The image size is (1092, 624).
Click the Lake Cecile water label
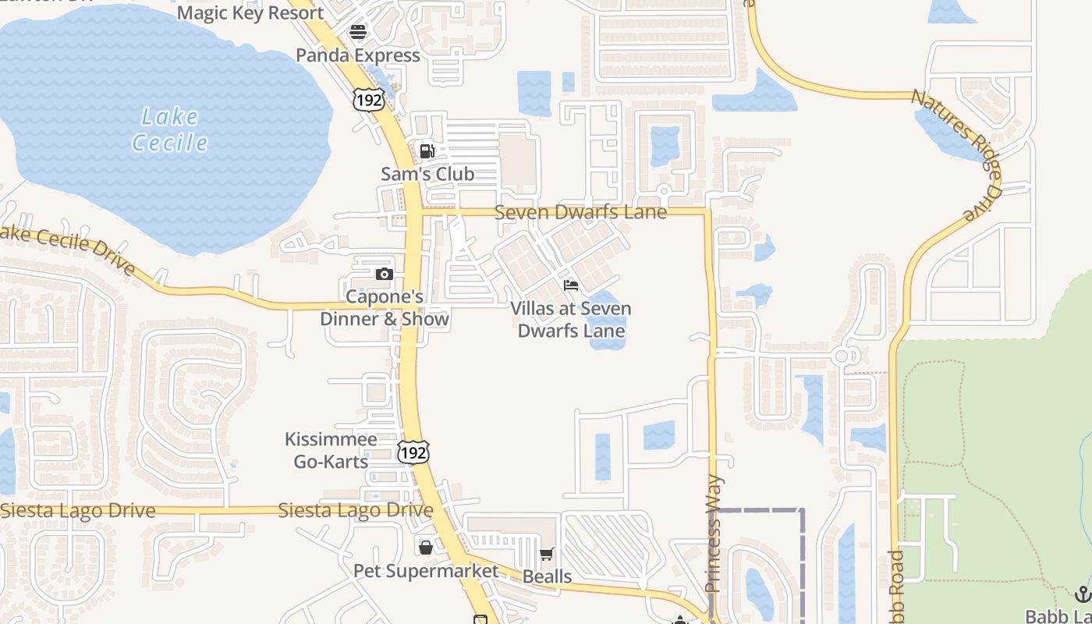point(170,129)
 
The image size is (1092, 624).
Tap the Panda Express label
point(358,55)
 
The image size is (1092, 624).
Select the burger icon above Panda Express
point(358,32)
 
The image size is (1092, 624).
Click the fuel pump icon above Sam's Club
point(427,151)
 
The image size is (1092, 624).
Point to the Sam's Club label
point(427,174)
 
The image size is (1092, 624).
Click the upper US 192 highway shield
point(367,99)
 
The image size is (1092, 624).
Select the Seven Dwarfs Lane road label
point(580,211)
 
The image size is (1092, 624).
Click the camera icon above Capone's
point(384,274)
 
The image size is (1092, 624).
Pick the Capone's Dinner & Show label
point(385,308)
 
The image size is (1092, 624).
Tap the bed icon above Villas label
point(571,285)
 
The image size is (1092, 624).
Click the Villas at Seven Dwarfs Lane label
point(571,320)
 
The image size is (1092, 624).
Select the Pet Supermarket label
point(426,571)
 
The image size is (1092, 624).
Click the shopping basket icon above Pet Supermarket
point(426,548)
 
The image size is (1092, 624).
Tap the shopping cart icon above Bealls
point(547,555)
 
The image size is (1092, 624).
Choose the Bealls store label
point(547,577)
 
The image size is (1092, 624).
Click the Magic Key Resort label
point(250,12)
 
